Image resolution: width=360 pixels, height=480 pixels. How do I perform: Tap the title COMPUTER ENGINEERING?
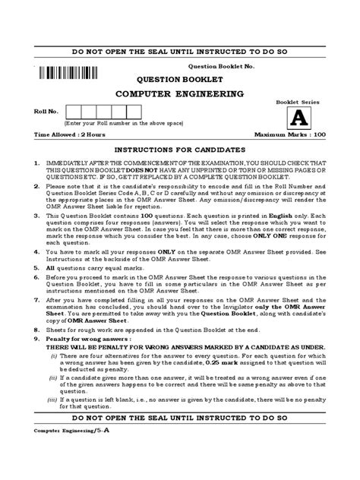coord(179,94)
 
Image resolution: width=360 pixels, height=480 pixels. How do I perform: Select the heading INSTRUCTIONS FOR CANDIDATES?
coord(179,150)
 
